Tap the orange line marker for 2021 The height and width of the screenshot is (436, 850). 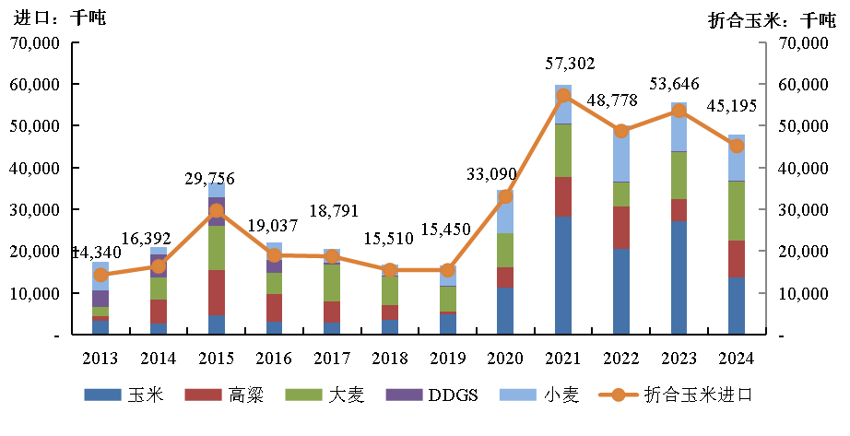[x=563, y=95]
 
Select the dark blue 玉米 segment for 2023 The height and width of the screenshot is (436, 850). [x=679, y=277]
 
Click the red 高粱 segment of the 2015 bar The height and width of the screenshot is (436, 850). [x=216, y=292]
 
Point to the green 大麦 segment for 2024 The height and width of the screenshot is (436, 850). [x=737, y=211]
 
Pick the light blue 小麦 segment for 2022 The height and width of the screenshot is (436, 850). [x=621, y=155]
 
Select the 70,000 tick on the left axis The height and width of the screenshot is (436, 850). [x=34, y=42]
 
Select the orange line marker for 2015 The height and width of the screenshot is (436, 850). [x=216, y=210]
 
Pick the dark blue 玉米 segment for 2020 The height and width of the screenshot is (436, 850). [x=505, y=311]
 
